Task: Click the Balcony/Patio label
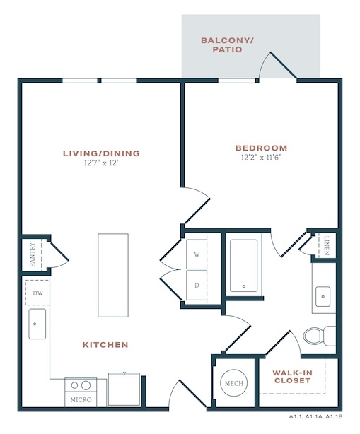click(x=227, y=45)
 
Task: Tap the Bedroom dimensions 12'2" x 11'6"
click(x=261, y=158)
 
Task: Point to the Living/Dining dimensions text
click(x=101, y=163)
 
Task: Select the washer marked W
click(x=197, y=254)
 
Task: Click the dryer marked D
click(x=197, y=286)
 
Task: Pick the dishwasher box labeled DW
click(x=37, y=293)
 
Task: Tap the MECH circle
click(x=234, y=383)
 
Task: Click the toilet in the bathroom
click(x=319, y=336)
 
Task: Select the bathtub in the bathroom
click(x=244, y=266)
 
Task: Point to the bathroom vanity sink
click(x=323, y=296)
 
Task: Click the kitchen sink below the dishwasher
click(x=37, y=324)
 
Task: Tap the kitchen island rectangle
click(x=113, y=275)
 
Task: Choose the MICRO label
click(x=81, y=399)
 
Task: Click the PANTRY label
click(x=33, y=254)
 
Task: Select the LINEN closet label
click(x=327, y=245)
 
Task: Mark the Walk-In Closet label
click(x=292, y=377)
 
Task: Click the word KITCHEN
click(x=105, y=345)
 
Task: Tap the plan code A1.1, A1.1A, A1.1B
click(x=315, y=416)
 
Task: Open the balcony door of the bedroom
click(x=283, y=65)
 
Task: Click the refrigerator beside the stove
click(x=124, y=389)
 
